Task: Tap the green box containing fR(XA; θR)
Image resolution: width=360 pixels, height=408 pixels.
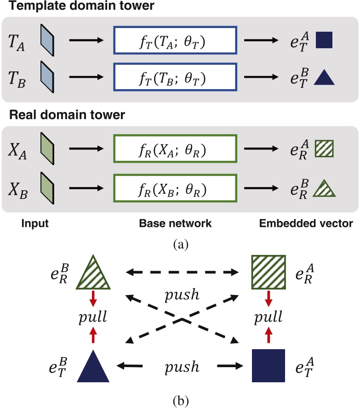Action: pyautogui.click(x=175, y=150)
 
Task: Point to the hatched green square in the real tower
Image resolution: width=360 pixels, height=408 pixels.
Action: pyautogui.click(x=324, y=150)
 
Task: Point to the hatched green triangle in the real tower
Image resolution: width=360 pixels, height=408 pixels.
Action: pyautogui.click(x=324, y=189)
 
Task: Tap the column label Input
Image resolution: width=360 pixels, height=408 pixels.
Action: pyautogui.click(x=35, y=224)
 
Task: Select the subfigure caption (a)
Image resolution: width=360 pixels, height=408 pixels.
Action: pyautogui.click(x=180, y=244)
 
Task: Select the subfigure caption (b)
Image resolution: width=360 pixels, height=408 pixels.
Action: pyautogui.click(x=180, y=398)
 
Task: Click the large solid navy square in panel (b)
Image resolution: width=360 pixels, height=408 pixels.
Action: pyautogui.click(x=269, y=366)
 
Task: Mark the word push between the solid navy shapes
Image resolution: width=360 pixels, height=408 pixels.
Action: pyautogui.click(x=183, y=367)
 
